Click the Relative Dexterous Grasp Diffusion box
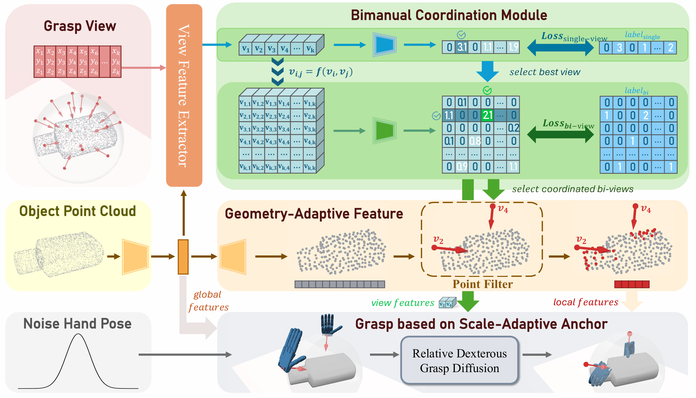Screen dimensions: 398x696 click(459, 360)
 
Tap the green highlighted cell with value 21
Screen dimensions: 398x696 click(487, 115)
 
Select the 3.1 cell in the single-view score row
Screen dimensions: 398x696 click(462, 47)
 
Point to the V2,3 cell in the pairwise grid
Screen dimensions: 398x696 click(271, 116)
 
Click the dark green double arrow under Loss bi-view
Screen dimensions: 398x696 click(560, 134)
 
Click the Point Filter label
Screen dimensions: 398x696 click(482, 284)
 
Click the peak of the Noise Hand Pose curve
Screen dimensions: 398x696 click(78, 334)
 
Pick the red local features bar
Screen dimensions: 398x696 click(632, 284)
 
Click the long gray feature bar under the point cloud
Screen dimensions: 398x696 click(339, 284)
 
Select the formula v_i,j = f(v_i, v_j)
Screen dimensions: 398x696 click(320, 72)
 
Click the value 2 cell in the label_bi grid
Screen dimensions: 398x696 click(645, 115)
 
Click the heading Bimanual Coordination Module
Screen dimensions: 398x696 click(449, 15)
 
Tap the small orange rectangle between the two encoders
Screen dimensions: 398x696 click(183, 257)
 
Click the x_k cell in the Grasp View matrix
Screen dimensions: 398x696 click(115, 51)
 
